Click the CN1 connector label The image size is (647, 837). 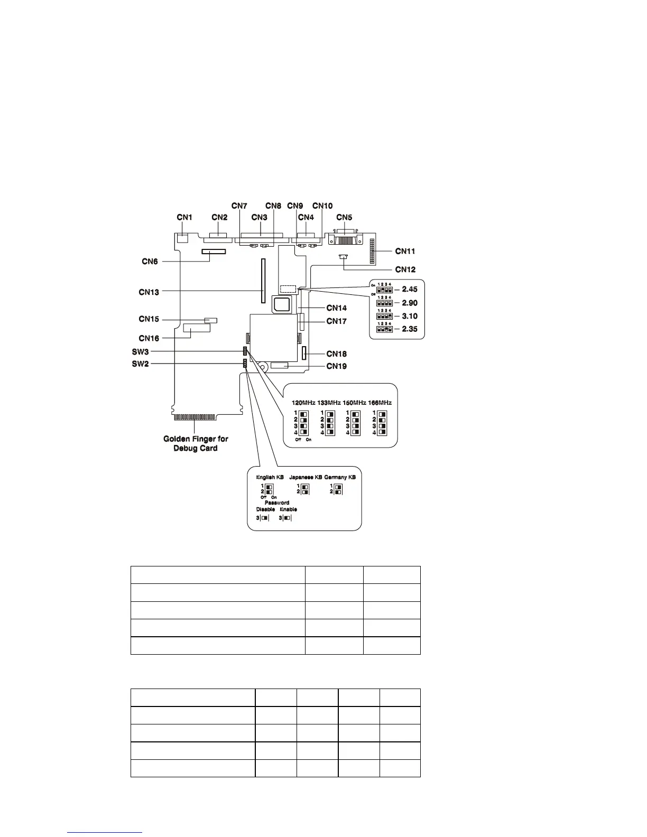tap(184, 217)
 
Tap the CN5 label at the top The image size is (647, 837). tap(344, 217)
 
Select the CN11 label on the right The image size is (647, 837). tap(405, 251)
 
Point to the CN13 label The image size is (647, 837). tap(149, 292)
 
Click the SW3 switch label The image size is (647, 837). tap(141, 352)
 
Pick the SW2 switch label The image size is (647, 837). tap(141, 364)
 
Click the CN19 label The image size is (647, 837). tap(337, 366)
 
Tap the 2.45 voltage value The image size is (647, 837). tap(410, 289)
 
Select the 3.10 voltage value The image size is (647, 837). tap(410, 316)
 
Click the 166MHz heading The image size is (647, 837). tap(380, 403)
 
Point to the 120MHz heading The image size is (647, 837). tap(303, 403)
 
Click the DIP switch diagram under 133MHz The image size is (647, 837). tap(329, 423)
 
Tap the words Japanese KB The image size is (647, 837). tap(306, 477)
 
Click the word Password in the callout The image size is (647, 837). tap(277, 503)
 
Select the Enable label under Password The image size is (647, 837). tap(288, 509)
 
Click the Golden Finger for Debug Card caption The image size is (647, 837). tap(196, 443)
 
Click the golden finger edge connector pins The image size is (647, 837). tap(195, 417)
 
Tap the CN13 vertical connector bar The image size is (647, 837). tap(262, 281)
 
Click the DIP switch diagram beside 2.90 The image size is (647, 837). tap(385, 303)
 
